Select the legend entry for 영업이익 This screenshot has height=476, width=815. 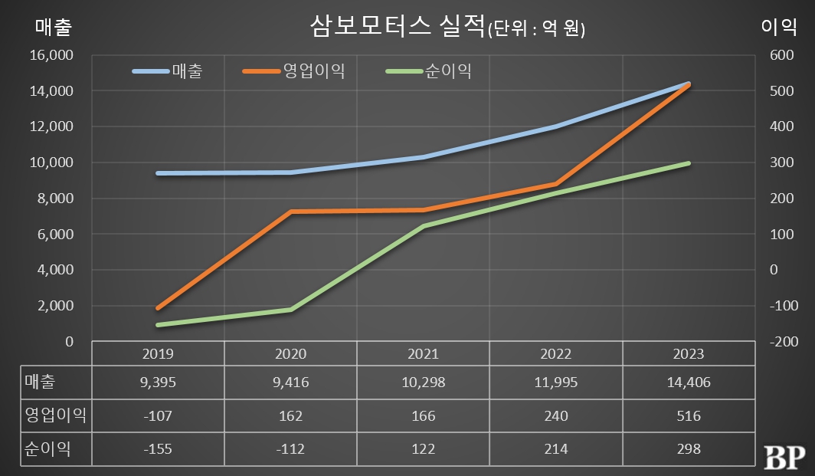click(313, 71)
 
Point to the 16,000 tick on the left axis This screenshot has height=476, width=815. click(51, 55)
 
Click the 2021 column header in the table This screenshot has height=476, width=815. click(423, 354)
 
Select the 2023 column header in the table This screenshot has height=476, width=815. click(689, 354)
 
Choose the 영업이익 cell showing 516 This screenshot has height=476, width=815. click(689, 416)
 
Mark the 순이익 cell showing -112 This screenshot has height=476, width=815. click(290, 449)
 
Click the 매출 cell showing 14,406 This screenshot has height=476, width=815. click(689, 382)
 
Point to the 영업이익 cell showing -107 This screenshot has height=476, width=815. click(159, 416)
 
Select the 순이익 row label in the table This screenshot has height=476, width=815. click(47, 449)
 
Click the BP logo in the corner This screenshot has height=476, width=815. click(784, 456)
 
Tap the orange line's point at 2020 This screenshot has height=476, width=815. click(290, 212)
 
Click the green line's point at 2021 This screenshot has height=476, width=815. click(423, 226)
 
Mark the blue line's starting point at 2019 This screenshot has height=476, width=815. click(159, 173)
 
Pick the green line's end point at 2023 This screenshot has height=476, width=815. click(689, 163)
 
